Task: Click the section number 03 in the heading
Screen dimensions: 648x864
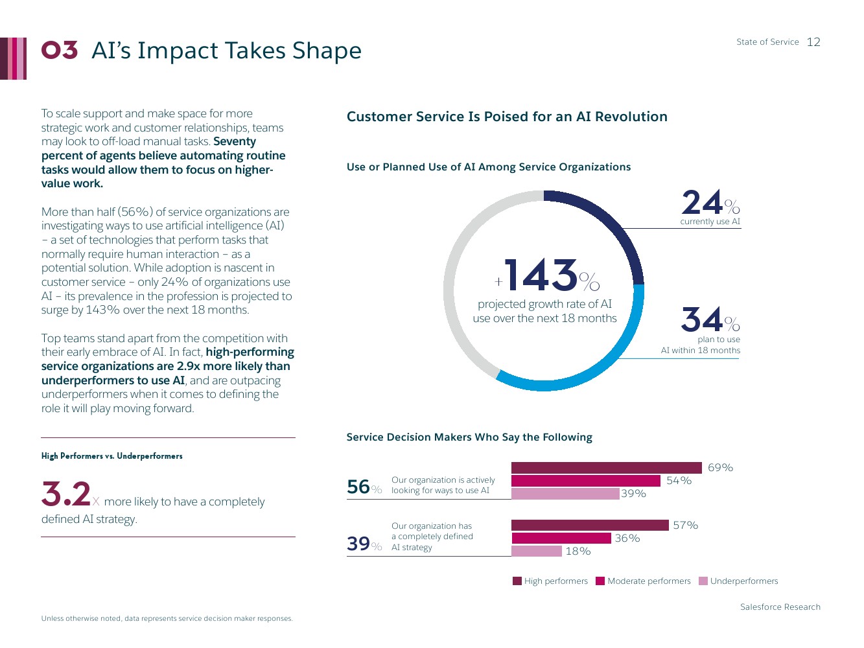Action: click(60, 51)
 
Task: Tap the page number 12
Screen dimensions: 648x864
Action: click(813, 42)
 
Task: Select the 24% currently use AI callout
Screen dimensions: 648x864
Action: click(710, 207)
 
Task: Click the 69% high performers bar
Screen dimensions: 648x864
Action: click(606, 468)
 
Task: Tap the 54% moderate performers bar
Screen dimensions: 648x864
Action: click(586, 481)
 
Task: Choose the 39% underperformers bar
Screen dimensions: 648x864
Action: click(565, 494)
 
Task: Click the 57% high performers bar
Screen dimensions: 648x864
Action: click(590, 526)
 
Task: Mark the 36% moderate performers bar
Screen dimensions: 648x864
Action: click(561, 538)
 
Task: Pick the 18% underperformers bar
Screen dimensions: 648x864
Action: click(537, 551)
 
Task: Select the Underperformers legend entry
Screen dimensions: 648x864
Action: click(738, 581)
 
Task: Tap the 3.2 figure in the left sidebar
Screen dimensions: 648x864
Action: click(66, 494)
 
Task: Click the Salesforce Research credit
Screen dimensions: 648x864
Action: click(780, 607)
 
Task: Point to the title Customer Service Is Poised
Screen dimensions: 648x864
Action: click(507, 117)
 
